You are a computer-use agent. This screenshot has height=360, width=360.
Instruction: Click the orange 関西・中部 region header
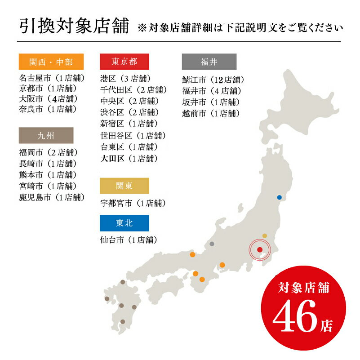pyautogui.click(x=45, y=62)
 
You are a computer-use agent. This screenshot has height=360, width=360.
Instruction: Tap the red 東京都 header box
pyautogui.click(x=124, y=62)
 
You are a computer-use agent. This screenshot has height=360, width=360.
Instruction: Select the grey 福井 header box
pyautogui.click(x=209, y=62)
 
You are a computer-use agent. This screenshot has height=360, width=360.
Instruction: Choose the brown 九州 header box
pyautogui.click(x=45, y=135)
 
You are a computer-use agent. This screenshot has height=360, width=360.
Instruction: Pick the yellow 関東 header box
pyautogui.click(x=124, y=186)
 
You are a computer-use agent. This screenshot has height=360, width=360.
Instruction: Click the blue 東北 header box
pyautogui.click(x=124, y=223)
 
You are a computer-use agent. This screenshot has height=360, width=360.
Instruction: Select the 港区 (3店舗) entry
pyautogui.click(x=125, y=79)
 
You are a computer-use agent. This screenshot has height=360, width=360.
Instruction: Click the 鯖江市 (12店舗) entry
pyautogui.click(x=213, y=80)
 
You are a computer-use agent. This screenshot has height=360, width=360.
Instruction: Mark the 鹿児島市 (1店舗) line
pyautogui.click(x=52, y=197)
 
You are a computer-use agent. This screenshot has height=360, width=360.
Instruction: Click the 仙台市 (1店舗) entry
pyautogui.click(x=129, y=240)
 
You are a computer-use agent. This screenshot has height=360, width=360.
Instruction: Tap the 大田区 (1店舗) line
pyautogui.click(x=129, y=158)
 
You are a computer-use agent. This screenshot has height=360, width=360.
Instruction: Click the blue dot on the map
pyautogui.click(x=279, y=197)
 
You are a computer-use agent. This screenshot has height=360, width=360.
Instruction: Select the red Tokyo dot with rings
pyautogui.click(x=260, y=250)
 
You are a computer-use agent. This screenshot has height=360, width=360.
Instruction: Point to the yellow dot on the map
pyautogui.click(x=265, y=236)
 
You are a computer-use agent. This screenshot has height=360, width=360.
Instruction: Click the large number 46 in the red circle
pyautogui.click(x=295, y=319)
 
